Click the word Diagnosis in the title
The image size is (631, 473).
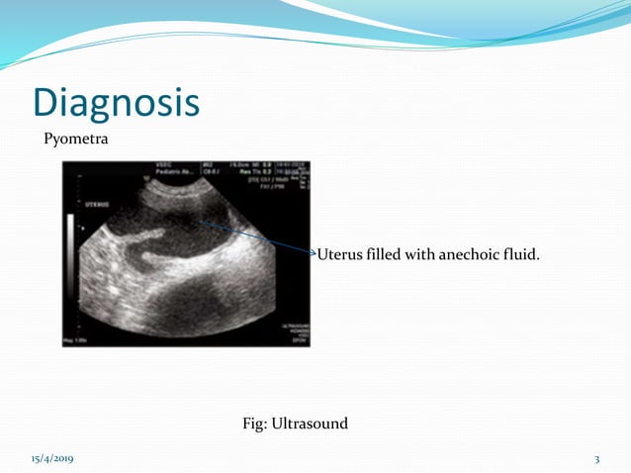(115, 103)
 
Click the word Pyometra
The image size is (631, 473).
(75, 140)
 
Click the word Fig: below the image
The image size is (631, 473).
(255, 424)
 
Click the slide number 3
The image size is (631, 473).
(597, 460)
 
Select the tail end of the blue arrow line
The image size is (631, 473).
(198, 223)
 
